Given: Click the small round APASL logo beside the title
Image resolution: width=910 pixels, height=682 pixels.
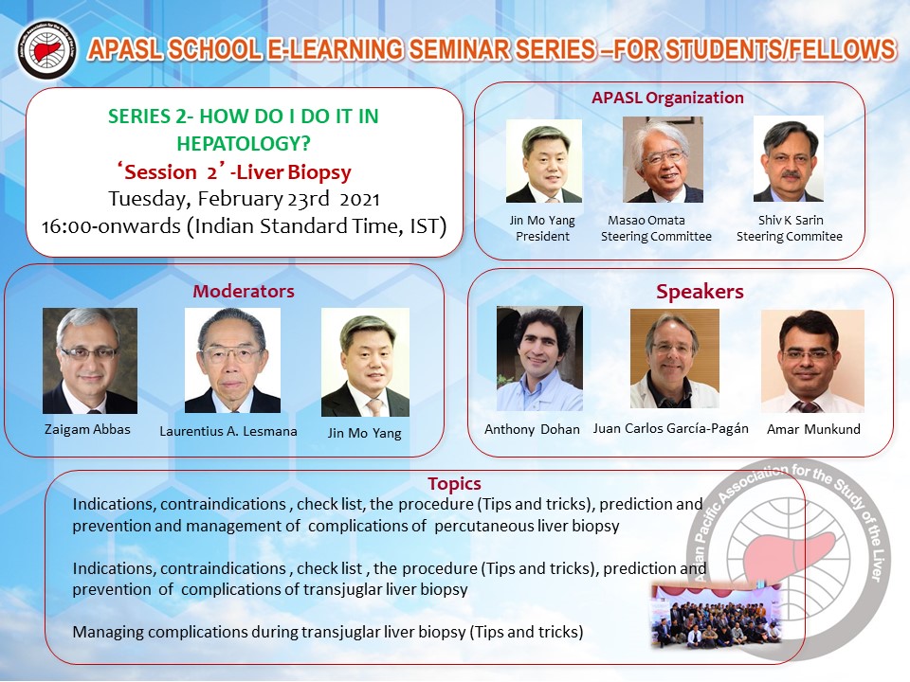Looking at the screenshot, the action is click(46, 49).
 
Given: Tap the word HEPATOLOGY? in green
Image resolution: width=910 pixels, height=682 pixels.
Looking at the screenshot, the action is click(244, 143).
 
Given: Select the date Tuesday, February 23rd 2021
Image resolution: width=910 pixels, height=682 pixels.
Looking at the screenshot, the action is click(244, 199).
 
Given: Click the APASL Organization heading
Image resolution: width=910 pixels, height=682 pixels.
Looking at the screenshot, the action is click(667, 98).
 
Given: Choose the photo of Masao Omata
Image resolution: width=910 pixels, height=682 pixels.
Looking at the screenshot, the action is click(663, 159).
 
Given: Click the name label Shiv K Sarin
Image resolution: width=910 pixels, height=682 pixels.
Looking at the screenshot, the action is click(791, 221).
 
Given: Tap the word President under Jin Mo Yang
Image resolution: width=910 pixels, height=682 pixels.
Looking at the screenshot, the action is click(542, 237).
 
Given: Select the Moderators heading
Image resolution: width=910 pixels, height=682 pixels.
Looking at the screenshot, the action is click(244, 291).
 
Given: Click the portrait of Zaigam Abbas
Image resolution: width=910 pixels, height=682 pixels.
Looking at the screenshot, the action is click(90, 361).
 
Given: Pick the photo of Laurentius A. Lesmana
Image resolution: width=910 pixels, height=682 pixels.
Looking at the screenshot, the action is click(232, 360).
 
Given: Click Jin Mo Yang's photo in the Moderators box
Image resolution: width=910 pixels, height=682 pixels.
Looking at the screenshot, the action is click(365, 363).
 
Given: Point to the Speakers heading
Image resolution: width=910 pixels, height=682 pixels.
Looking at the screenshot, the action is click(700, 292).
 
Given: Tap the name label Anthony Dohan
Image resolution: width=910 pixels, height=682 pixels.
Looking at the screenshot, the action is click(532, 430).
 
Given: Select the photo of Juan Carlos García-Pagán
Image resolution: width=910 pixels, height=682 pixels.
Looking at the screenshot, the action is click(674, 358).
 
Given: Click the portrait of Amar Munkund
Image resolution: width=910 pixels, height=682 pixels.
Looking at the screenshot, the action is click(812, 361).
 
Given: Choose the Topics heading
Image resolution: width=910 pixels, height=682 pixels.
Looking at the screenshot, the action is click(454, 484).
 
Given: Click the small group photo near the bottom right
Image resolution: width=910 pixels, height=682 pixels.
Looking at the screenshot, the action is click(717, 617).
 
